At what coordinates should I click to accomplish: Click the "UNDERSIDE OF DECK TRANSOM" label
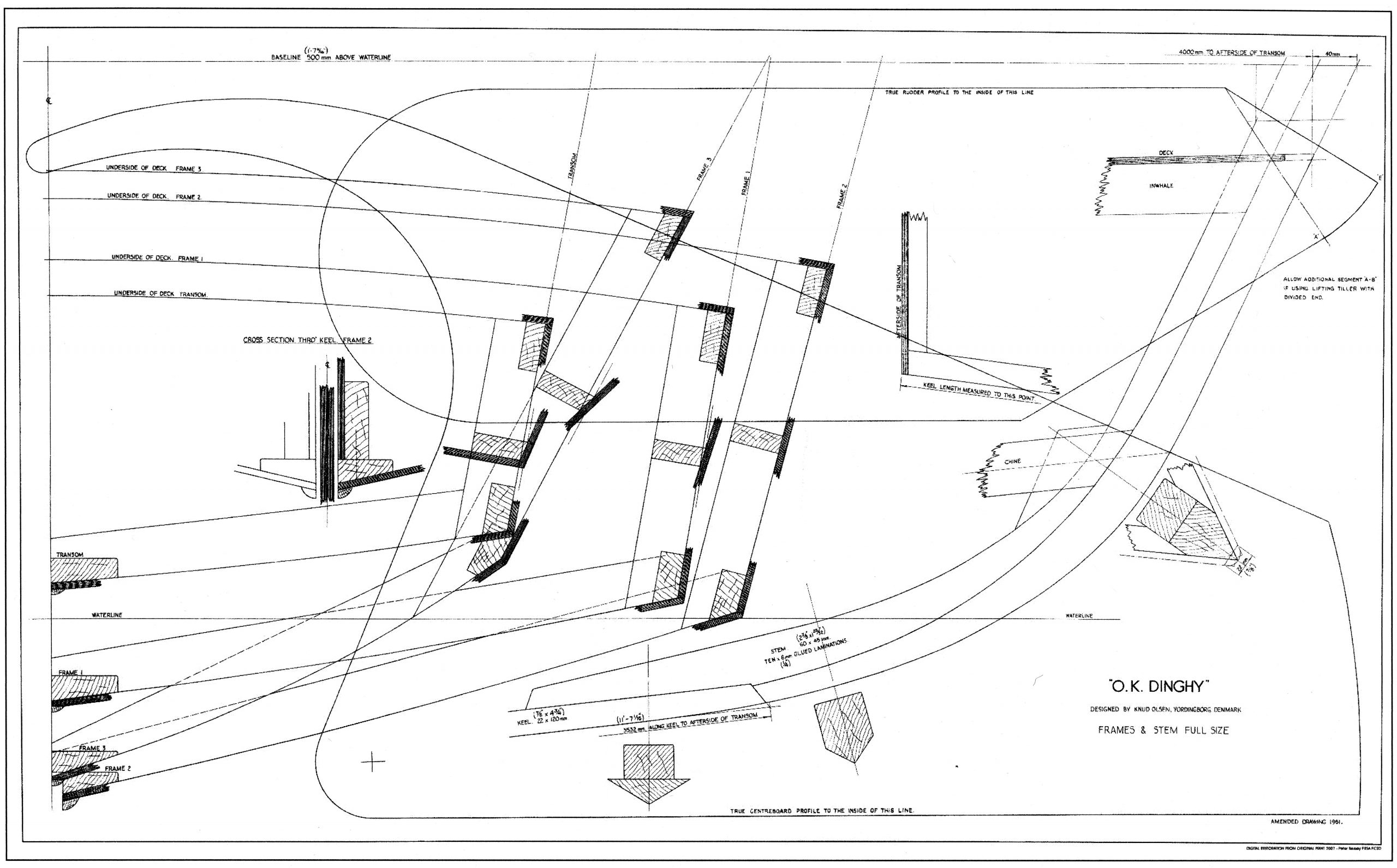tap(161, 294)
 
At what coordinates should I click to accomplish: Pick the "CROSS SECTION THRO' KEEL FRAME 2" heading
tap(308, 340)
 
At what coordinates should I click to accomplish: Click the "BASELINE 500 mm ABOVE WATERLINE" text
tap(331, 57)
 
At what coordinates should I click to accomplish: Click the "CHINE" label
tap(1013, 461)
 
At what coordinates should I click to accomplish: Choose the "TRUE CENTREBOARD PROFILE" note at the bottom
tap(822, 811)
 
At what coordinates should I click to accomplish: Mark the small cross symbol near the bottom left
tap(373, 762)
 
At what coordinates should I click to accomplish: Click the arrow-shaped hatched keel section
tap(648, 772)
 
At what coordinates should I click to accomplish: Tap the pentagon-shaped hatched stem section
tap(843, 725)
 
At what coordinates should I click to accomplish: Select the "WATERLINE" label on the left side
tap(108, 615)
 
